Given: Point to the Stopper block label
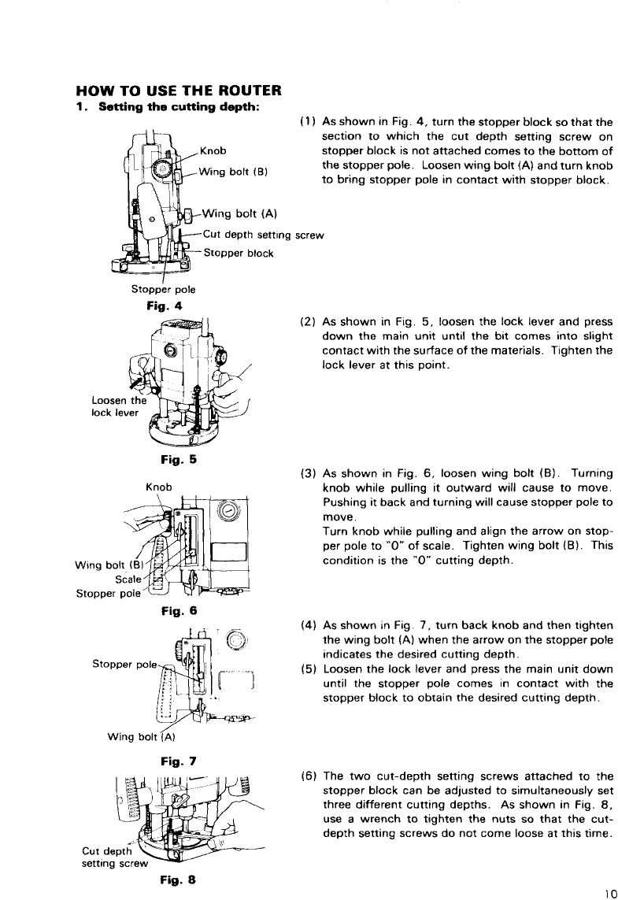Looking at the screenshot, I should pyautogui.click(x=238, y=254).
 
